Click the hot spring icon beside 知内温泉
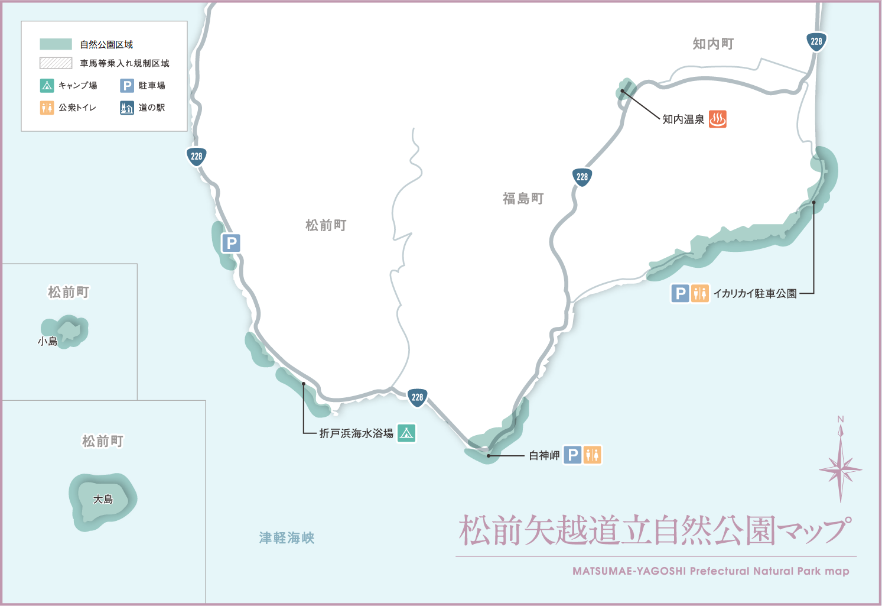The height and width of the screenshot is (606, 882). coord(717,119)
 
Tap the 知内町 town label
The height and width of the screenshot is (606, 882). coord(713,44)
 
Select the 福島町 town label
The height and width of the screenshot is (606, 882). coord(523,199)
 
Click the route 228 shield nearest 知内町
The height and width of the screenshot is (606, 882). coord(816,41)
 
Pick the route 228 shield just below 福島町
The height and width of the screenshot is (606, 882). coord(582,177)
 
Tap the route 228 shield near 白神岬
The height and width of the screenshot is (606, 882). coord(417,397)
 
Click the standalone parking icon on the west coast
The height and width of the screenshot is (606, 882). coord(231,242)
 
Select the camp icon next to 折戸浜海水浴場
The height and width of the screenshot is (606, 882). coord(406,433)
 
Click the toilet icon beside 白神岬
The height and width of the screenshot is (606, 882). coord(592,455)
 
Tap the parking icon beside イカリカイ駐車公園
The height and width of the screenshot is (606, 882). coord(680,293)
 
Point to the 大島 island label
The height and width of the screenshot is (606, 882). coord(103,500)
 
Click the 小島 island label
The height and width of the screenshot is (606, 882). coord(47,341)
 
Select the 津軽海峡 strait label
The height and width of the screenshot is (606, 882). coord(287,538)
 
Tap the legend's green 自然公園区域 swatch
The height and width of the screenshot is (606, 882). coord(56,44)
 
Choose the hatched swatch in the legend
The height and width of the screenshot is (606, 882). coord(56,63)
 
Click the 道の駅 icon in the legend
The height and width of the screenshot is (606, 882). coord(127,108)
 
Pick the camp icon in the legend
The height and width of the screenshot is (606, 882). coord(47,86)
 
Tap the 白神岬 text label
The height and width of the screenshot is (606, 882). coord(544,455)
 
